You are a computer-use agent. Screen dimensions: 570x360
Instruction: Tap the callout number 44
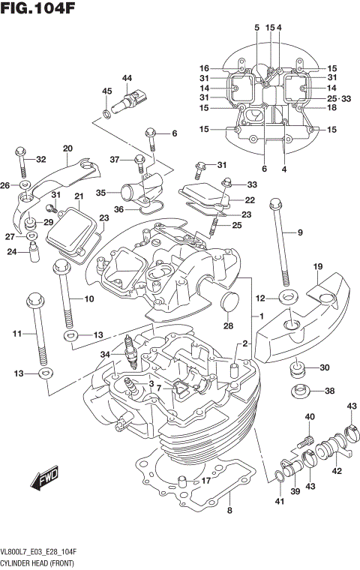point(127,78)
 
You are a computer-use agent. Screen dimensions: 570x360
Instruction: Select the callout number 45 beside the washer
point(106,91)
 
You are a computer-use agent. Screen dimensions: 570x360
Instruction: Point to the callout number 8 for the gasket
point(229,511)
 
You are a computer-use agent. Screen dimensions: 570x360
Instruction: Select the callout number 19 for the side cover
point(317,266)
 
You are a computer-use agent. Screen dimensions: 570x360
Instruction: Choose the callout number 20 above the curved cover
point(67,148)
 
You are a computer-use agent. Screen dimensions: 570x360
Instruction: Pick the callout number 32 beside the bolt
point(40,159)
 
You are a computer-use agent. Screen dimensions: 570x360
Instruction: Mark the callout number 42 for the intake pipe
point(337,471)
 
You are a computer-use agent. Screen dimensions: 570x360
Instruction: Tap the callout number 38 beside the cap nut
point(329,391)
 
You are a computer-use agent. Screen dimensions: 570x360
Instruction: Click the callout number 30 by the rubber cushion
point(324,367)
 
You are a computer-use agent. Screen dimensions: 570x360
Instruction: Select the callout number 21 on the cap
point(78,196)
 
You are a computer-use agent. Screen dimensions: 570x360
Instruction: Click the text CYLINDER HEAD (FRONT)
point(38,561)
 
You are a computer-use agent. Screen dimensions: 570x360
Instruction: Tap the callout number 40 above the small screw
point(309,417)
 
